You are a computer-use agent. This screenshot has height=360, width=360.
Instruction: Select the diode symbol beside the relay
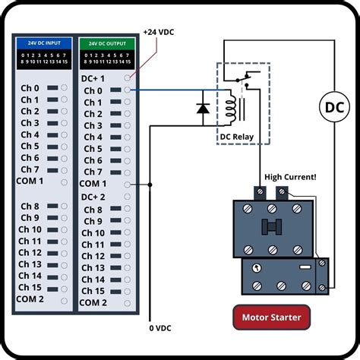(x=203, y=108)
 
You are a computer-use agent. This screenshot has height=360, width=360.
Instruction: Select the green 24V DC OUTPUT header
(x=107, y=43)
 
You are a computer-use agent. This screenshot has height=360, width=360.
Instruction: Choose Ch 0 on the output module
(x=93, y=90)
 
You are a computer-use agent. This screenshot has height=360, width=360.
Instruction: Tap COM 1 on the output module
(x=93, y=184)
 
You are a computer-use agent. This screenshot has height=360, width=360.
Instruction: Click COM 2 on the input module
(x=30, y=298)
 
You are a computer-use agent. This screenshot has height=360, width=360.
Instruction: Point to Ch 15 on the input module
(x=30, y=286)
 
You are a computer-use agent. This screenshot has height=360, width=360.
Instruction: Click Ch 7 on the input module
(x=30, y=169)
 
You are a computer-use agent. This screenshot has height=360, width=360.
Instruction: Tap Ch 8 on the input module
(x=30, y=207)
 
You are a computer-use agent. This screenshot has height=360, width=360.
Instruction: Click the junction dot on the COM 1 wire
(x=150, y=184)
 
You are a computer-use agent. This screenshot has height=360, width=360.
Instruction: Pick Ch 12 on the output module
(x=93, y=256)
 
